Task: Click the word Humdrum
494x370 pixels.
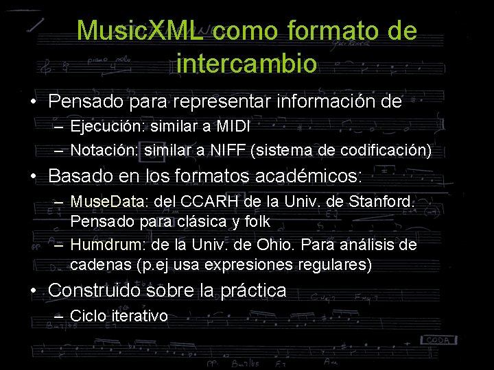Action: coord(103,245)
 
